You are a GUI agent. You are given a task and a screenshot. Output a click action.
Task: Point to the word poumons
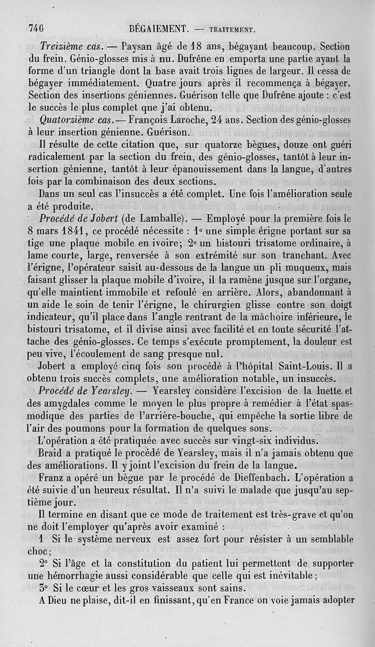tap(95, 428)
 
